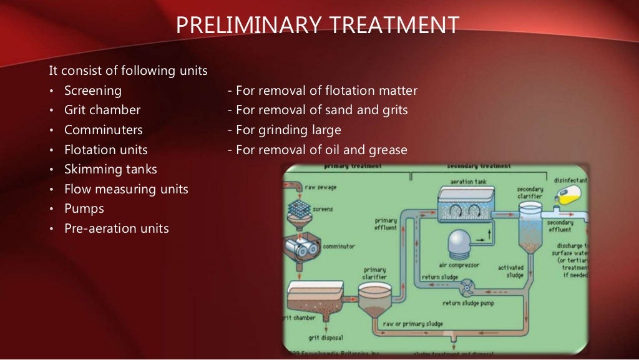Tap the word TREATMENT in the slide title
[x=393, y=25]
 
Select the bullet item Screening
[x=93, y=90]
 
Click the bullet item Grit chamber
[x=102, y=110]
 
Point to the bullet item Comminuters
[x=104, y=130]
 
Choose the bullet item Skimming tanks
[x=110, y=169]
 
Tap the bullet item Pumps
[x=84, y=208]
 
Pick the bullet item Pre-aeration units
[x=117, y=228]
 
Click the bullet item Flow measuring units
[x=126, y=189]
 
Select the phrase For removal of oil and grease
[x=318, y=150]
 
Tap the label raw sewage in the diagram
[x=320, y=185]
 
